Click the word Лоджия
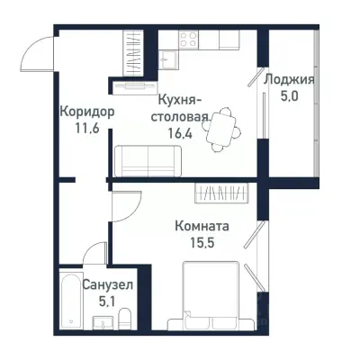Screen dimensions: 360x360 [288, 78]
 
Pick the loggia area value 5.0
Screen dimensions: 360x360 [288, 95]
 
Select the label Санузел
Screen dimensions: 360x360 [108, 284]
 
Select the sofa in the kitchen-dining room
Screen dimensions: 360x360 [148, 161]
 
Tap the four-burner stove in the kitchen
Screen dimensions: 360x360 [190, 39]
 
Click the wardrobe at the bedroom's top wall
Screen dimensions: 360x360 [225, 192]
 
